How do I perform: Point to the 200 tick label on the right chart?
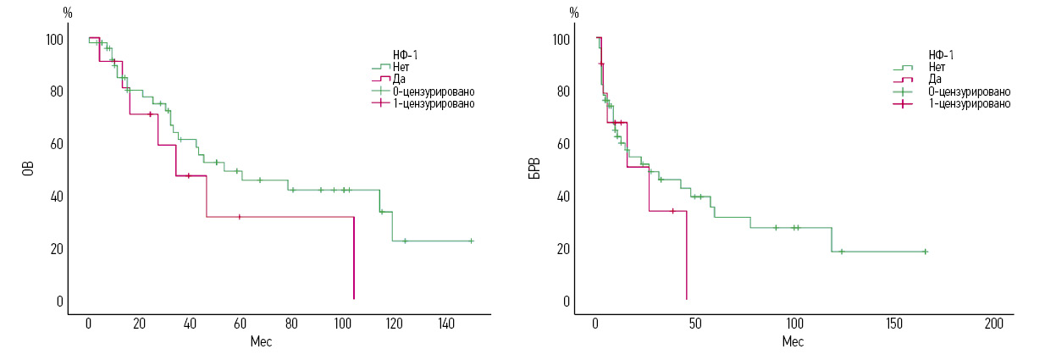tap(994, 324)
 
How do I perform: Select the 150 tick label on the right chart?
tap(894, 324)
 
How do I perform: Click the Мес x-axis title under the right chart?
tap(793, 341)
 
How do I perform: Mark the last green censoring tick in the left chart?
tap(471, 241)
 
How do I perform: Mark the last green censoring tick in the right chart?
tap(925, 252)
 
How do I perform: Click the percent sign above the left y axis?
tap(68, 13)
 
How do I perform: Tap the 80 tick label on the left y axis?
tap(55, 91)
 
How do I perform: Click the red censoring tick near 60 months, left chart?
tap(240, 217)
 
